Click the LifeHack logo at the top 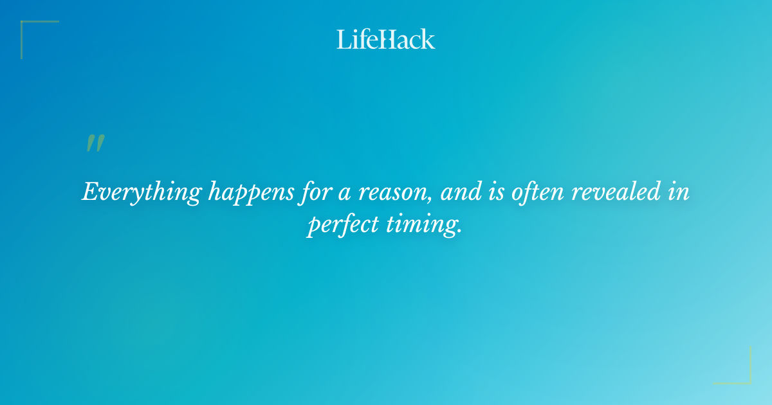coord(386,39)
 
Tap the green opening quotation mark coord(95,143)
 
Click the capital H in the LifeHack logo coord(385,39)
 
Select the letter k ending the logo coord(428,39)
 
